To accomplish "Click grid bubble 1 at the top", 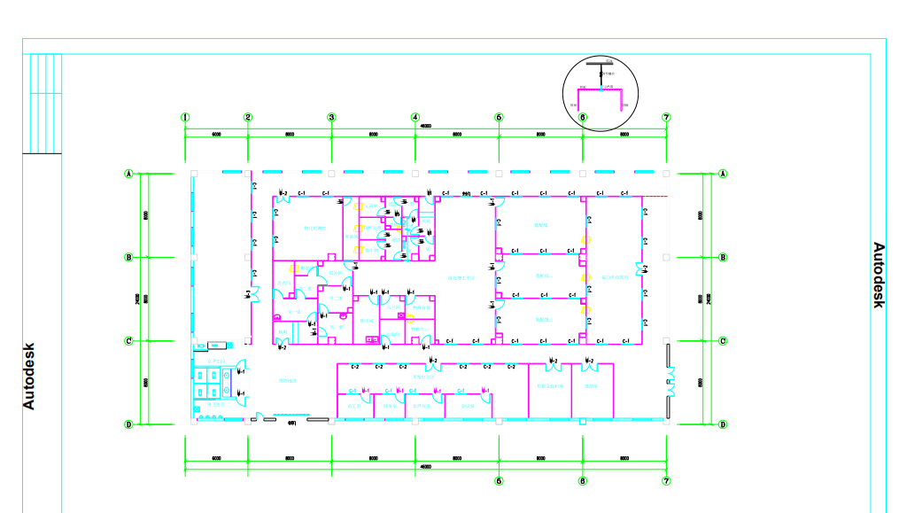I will [185, 117].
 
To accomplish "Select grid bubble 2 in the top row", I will [248, 117].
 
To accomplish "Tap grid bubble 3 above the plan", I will [331, 117].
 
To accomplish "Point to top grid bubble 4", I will [415, 117].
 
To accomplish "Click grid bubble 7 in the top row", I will [666, 117].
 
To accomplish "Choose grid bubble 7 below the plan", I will [666, 481].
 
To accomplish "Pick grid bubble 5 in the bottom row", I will [499, 481].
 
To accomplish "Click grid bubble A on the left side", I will [128, 174].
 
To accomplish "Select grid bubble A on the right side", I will [723, 174].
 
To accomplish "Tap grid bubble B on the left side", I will [128, 257].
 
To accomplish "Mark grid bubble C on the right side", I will [723, 340].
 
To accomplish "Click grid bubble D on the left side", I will [128, 424].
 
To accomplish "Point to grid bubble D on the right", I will [723, 424].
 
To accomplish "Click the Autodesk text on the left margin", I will [29, 376].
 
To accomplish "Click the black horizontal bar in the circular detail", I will [601, 64].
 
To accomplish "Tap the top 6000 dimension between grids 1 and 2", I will [216, 135].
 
